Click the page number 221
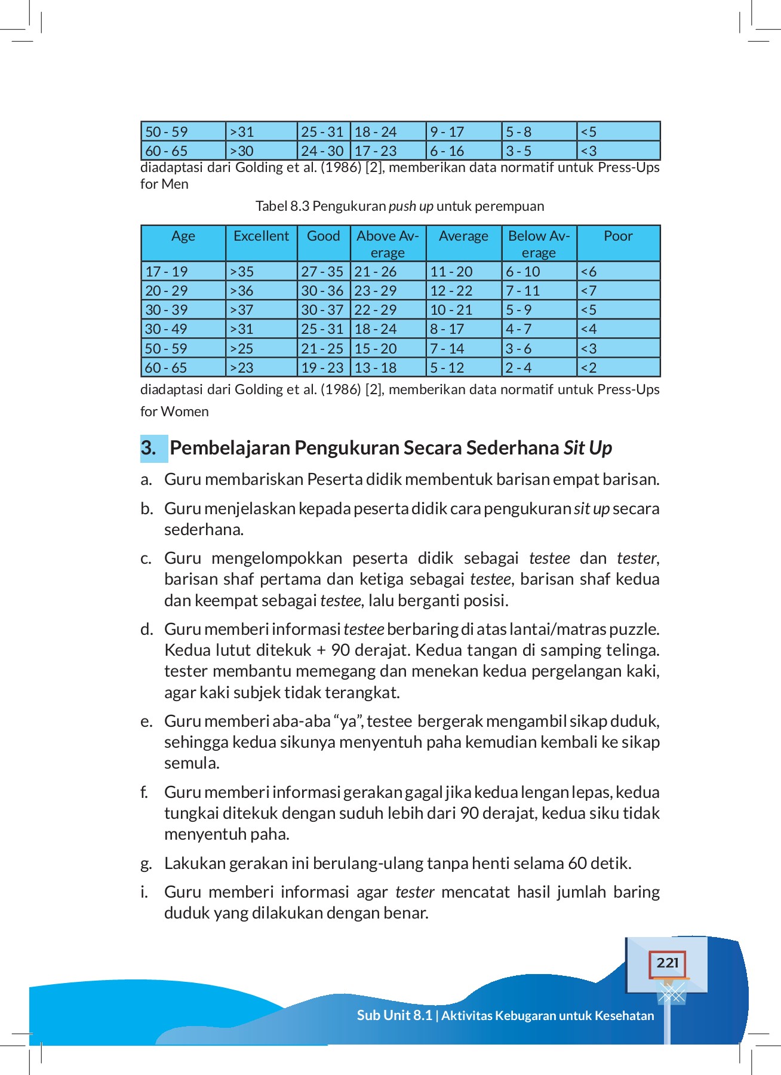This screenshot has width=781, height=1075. click(x=667, y=963)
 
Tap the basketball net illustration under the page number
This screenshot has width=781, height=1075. click(x=672, y=993)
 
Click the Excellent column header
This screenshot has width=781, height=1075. click(x=261, y=236)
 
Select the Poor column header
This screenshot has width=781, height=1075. click(x=618, y=236)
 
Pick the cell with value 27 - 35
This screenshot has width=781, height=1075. click(x=322, y=272)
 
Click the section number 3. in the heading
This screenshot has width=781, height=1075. click(x=149, y=448)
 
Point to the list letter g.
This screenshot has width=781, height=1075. click(x=146, y=864)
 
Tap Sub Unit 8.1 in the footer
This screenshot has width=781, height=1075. click(x=394, y=1015)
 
